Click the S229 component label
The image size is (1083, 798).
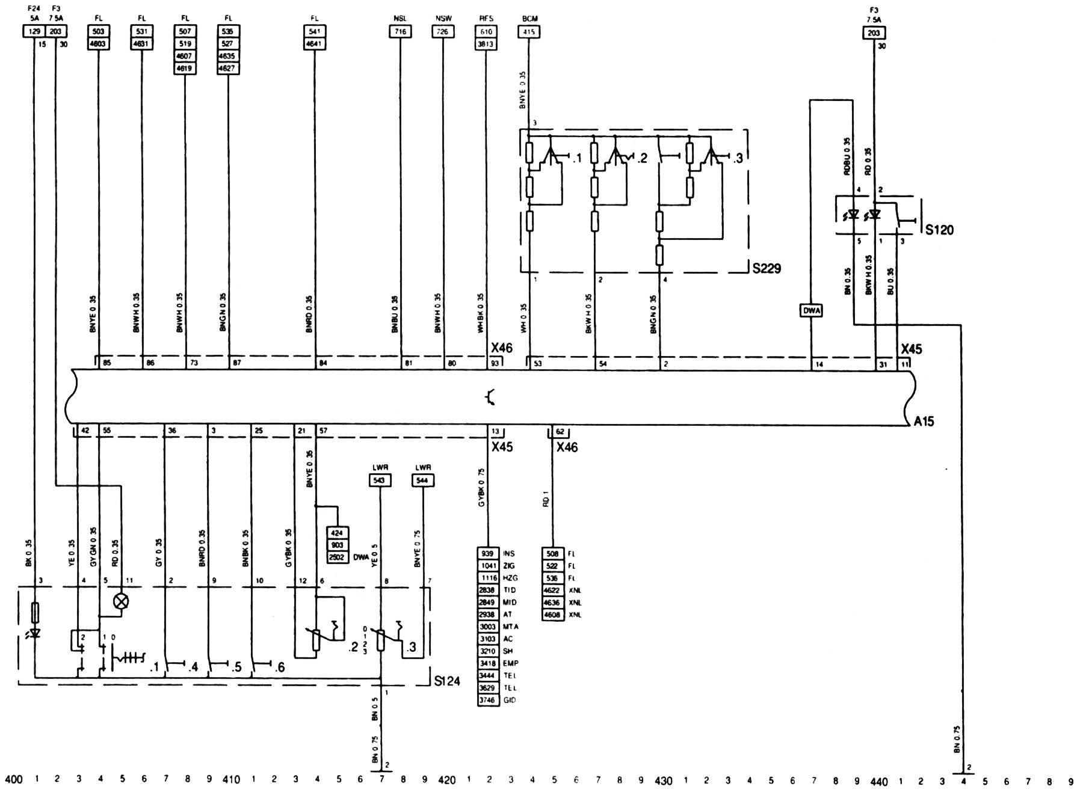pos(766,268)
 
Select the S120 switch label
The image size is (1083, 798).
pos(939,230)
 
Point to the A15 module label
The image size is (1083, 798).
pos(924,422)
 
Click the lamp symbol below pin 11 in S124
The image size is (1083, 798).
pos(122,601)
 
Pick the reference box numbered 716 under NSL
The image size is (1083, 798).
pos(400,32)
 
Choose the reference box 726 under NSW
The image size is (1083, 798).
pos(443,32)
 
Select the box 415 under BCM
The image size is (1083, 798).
pos(529,32)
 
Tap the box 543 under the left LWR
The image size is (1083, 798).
pos(380,480)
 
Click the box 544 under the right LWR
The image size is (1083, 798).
pos(423,480)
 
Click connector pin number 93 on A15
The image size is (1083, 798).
pos(494,363)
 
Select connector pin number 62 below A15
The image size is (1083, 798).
pos(560,431)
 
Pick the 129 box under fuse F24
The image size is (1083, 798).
pos(34,31)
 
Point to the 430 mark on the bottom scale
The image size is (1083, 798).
pos(663,781)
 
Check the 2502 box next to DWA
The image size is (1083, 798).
pos(338,557)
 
